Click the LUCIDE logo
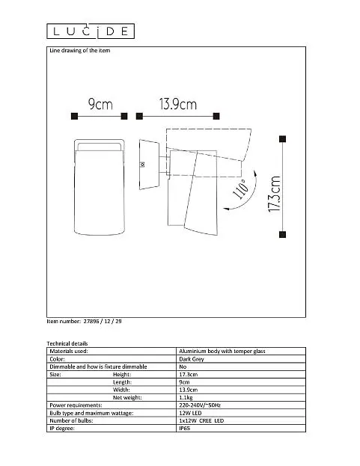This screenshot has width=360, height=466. (91, 31)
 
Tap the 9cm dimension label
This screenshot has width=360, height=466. (100, 104)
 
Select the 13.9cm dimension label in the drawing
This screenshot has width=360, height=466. (178, 104)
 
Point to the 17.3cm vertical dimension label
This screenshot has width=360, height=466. (274, 194)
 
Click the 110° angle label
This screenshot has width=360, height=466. (240, 189)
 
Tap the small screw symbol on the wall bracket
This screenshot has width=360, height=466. (142, 165)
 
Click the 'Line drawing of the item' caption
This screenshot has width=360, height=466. (79, 51)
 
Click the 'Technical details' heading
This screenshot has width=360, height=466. (67, 343)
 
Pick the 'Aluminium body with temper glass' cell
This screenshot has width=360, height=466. (222, 352)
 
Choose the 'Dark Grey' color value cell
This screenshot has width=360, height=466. (192, 359)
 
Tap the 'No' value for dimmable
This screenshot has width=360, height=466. (183, 367)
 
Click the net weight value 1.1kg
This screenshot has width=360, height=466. (186, 398)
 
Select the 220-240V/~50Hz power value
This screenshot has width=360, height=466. (200, 405)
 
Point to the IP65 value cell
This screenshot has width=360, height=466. (184, 429)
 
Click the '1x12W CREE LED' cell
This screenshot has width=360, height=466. (201, 420)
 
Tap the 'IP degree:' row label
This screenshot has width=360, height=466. (62, 429)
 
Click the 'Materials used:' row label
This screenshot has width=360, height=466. (69, 352)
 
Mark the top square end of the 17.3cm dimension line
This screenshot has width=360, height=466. (283, 139)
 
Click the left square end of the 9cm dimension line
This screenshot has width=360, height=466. (74, 116)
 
